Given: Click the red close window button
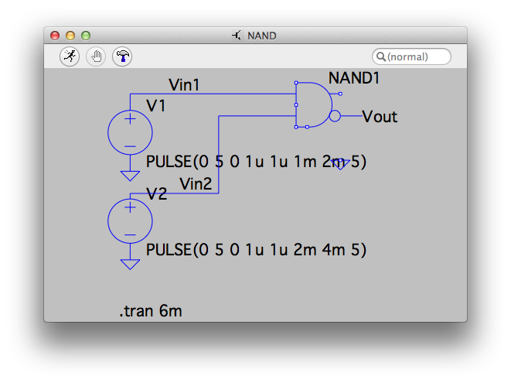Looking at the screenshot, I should pos(55,36).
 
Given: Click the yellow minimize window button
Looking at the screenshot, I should pos(70,36).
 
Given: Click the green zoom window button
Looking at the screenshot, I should pos(86,36).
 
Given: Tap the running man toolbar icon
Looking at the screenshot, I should pos(70,56).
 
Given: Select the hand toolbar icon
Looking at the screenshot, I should pos(96,56).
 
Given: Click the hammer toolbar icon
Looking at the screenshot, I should pos(122,56).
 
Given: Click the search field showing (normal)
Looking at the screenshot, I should pos(411,56).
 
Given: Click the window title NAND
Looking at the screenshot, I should pos(261,36).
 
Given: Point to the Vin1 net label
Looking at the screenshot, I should pos(184,84).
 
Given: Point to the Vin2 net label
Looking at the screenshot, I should pos(196,183).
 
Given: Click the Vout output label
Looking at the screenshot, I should pos(380,117).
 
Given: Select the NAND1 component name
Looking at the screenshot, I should pos(354,78).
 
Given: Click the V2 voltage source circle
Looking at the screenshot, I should pos(130,221).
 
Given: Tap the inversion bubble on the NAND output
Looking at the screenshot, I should pos(335,116).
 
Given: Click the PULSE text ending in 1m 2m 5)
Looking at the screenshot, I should pos(255,162).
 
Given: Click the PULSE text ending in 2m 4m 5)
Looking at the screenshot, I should pos(255,251).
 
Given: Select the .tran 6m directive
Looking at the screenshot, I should pos(151,312).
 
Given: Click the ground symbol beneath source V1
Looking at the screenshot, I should pos(130,175).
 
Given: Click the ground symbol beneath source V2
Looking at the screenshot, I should pos(130,264).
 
